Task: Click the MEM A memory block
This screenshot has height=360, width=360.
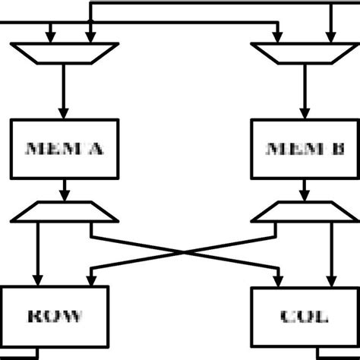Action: pyautogui.click(x=65, y=148)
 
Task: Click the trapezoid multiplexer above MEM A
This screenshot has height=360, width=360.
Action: pyautogui.click(x=65, y=52)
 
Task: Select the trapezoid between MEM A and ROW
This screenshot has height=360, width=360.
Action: pyautogui.click(x=65, y=213)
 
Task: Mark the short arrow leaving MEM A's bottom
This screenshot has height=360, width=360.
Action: pyautogui.click(x=65, y=191)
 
